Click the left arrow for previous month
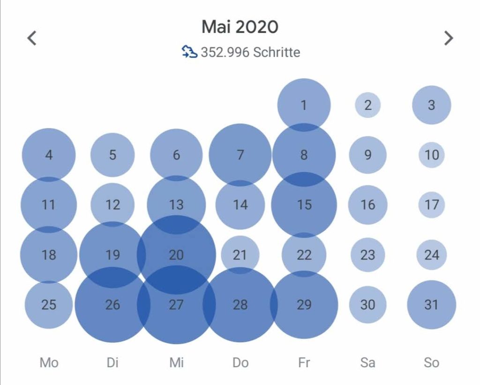point(32,38)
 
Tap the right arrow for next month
point(449,38)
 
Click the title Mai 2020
point(240,27)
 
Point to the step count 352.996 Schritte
point(250,52)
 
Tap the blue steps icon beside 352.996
point(189,52)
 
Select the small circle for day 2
point(368,105)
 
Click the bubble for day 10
point(432,155)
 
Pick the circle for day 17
point(432,205)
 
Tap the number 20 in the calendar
point(176,255)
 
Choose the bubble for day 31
point(432,305)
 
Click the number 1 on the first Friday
point(304,105)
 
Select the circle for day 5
point(112,155)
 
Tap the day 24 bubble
point(432,255)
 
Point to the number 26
point(112,305)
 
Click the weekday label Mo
point(49,362)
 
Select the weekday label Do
point(240,362)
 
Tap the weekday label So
point(432,362)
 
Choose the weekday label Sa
point(368,362)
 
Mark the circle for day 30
point(368,305)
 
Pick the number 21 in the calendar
point(240,255)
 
